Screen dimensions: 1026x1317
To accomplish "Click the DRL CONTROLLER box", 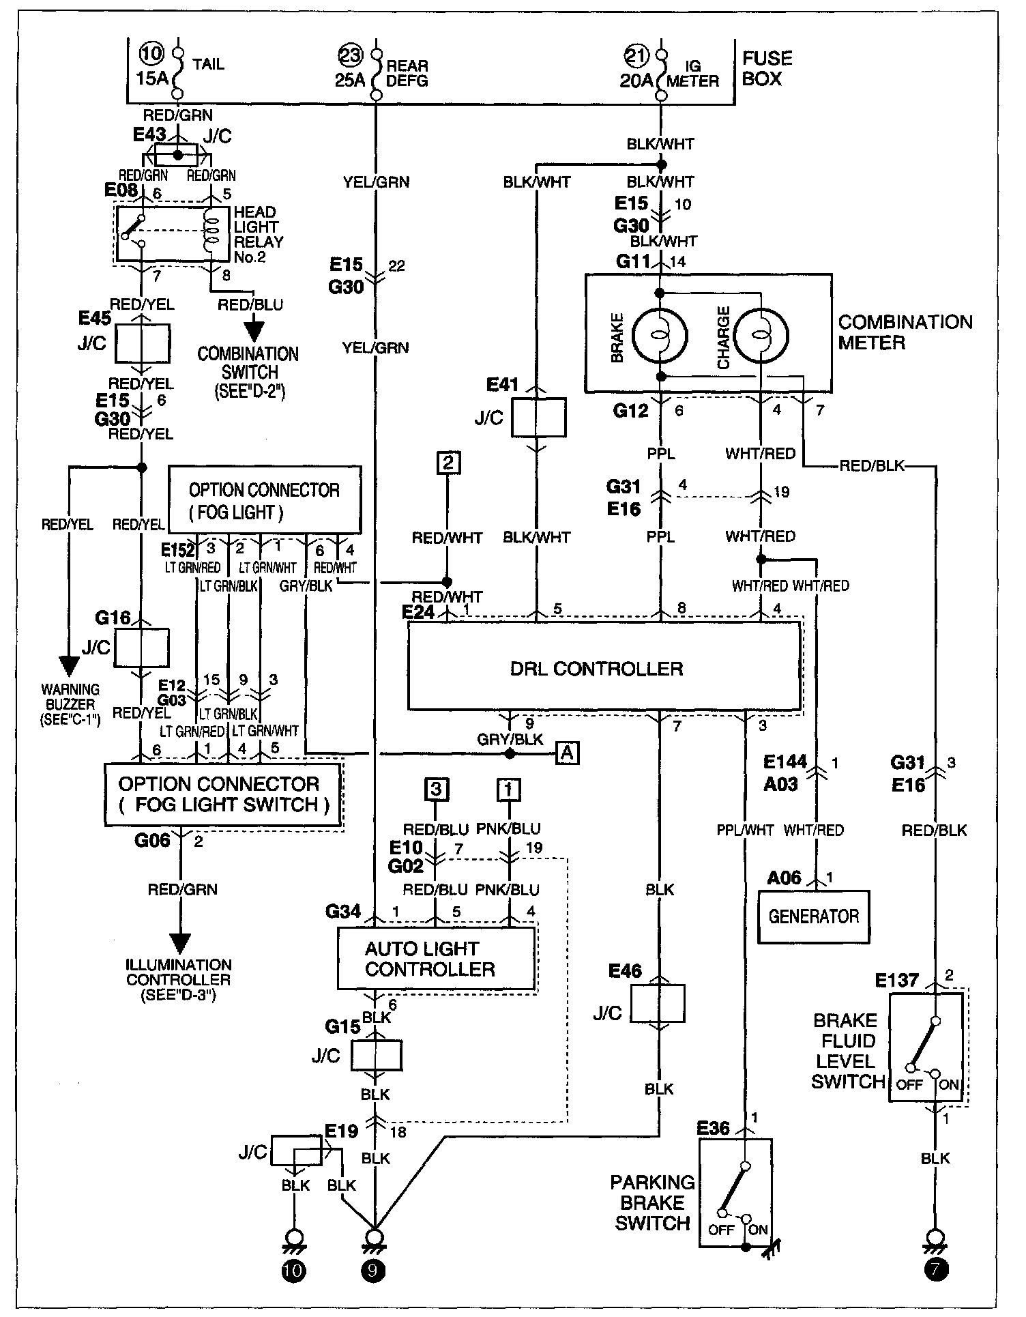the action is (604, 667).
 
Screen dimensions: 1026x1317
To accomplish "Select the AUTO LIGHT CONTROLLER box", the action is (437, 958).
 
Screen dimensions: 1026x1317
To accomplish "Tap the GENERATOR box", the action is (814, 916).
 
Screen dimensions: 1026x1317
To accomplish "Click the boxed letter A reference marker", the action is (568, 753).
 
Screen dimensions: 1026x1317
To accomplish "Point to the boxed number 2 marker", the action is (448, 463).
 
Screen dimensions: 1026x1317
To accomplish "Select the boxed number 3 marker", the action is (436, 790).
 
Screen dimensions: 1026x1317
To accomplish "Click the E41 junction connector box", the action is (538, 418).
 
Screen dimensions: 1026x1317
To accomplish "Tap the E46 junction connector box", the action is (658, 1003).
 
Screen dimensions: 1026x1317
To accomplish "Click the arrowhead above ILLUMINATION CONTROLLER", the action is (180, 944).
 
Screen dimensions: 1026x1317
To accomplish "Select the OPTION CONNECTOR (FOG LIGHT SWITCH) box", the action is (222, 794).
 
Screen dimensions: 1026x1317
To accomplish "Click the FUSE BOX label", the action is (767, 68).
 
